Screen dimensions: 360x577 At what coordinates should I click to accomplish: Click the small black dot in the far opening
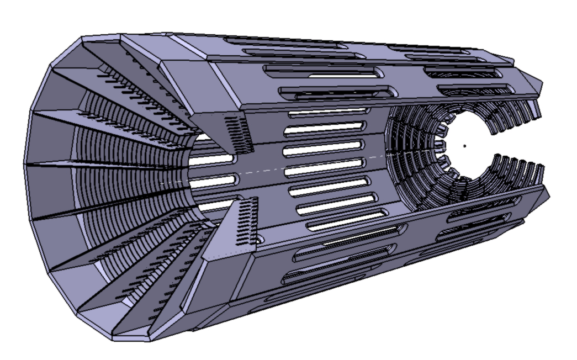(464, 146)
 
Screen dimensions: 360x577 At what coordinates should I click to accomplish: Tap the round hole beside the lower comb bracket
(256, 241)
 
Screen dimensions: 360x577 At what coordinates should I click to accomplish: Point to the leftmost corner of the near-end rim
(24, 164)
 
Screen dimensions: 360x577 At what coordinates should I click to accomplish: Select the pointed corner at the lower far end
(549, 195)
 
